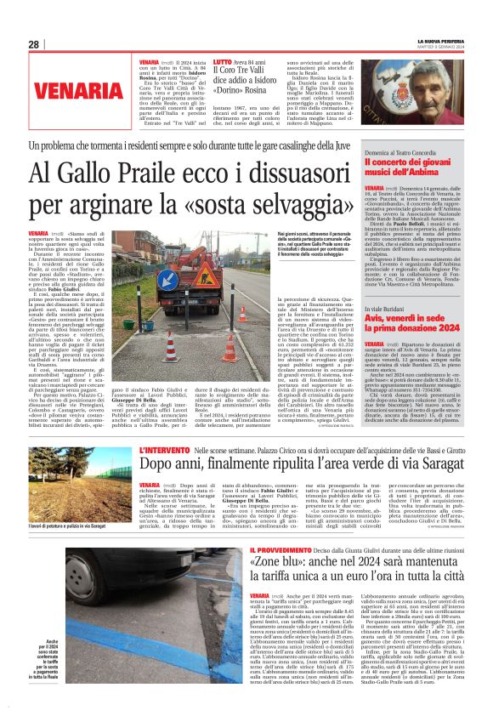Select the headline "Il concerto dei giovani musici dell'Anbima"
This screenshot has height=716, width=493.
tap(417, 167)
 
